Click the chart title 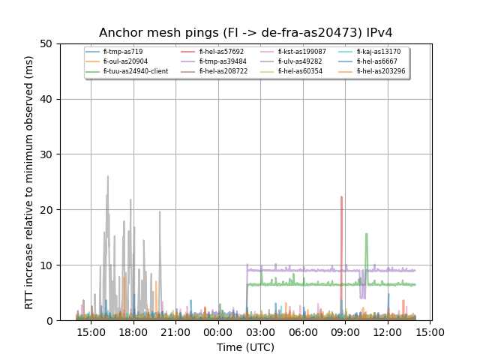(246, 32)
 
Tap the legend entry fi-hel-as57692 (221, 52)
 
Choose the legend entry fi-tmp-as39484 (223, 61)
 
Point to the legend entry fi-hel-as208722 (223, 71)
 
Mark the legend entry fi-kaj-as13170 (379, 52)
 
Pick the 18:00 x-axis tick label (133, 331)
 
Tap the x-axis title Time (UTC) (246, 347)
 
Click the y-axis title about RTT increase (29, 182)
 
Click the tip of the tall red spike (341, 197)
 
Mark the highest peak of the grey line (108, 176)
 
